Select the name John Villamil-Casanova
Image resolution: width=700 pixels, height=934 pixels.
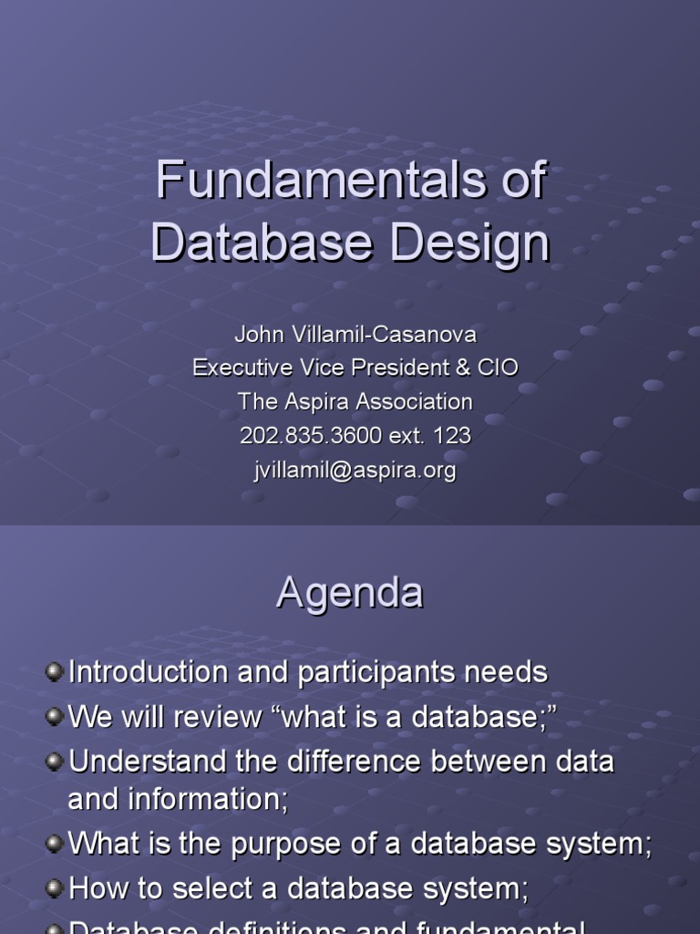[355, 334]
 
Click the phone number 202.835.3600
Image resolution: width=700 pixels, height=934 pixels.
[311, 436]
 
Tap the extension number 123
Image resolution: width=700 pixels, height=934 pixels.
[453, 436]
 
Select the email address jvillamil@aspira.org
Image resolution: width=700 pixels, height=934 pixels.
[355, 471]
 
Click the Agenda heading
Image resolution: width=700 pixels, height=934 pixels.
[350, 593]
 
